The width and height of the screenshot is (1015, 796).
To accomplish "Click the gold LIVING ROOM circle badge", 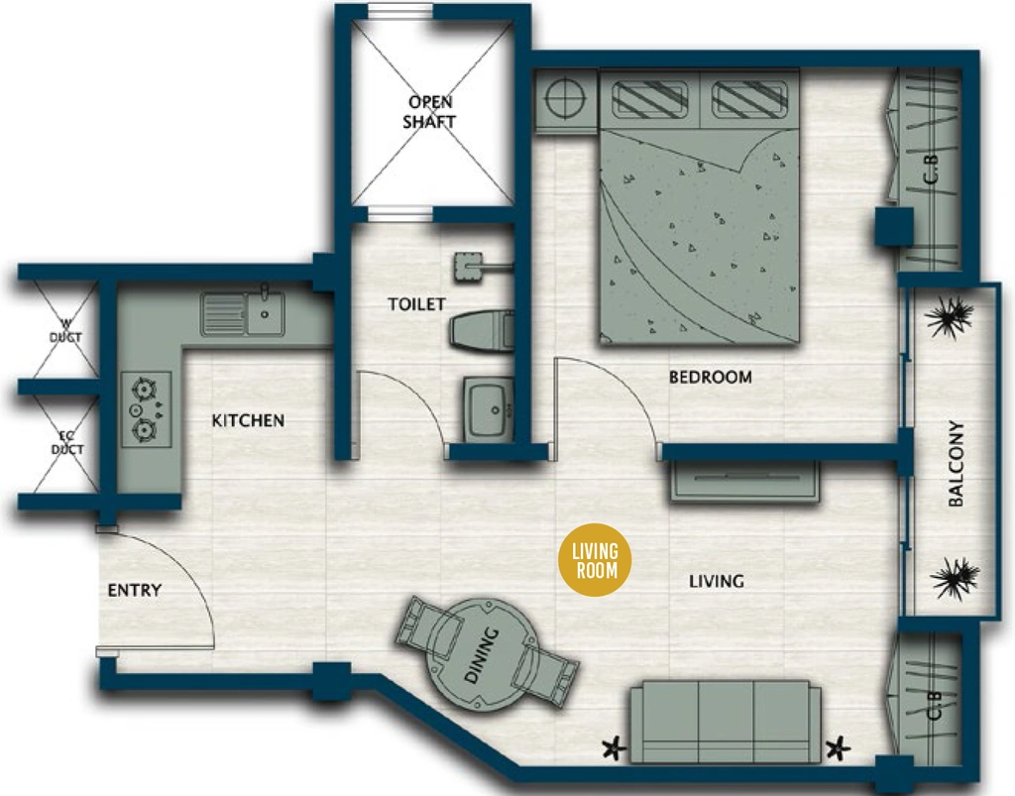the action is [x=595, y=560].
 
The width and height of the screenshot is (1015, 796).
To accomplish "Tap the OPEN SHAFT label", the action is [x=430, y=111].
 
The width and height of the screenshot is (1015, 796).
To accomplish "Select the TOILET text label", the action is [x=416, y=304].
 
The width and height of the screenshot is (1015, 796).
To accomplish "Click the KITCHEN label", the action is [x=248, y=420].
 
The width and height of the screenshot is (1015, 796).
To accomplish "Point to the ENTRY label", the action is [x=134, y=590].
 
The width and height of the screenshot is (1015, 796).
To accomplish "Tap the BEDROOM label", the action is [x=710, y=377].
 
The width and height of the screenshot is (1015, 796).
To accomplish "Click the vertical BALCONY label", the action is [x=956, y=463].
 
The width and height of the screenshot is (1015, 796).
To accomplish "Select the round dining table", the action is [x=483, y=654].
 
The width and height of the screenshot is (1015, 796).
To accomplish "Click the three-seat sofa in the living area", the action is [x=726, y=721].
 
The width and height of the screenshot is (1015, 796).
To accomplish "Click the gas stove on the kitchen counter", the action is [x=146, y=409].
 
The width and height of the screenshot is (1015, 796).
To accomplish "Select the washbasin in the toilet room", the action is [x=488, y=409].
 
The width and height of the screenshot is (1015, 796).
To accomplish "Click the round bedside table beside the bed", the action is [x=566, y=99].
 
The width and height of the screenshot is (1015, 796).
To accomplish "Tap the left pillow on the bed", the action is [x=649, y=100].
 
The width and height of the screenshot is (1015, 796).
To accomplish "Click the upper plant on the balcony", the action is [x=949, y=318].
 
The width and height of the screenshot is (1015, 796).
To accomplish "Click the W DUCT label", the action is [x=66, y=330].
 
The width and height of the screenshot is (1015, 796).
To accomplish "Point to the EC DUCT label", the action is [x=67, y=443].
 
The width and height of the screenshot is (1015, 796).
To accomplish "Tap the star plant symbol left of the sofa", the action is [x=614, y=748].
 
